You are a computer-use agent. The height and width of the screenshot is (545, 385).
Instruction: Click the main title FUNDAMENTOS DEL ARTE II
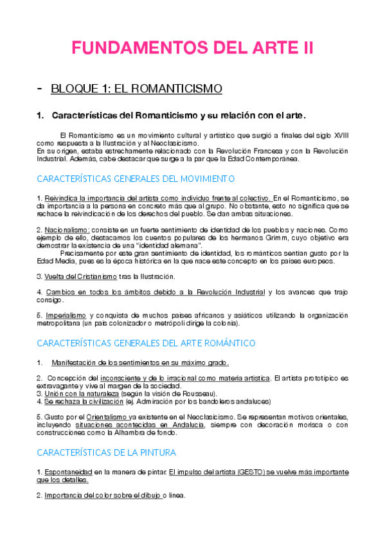(192, 49)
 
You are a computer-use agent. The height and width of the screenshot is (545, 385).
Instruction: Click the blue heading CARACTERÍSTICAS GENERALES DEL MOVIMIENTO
(136, 179)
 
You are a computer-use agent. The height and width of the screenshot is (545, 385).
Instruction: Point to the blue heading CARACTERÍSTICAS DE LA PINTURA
(107, 452)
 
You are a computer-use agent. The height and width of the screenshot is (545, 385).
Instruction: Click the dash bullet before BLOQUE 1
(40, 88)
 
